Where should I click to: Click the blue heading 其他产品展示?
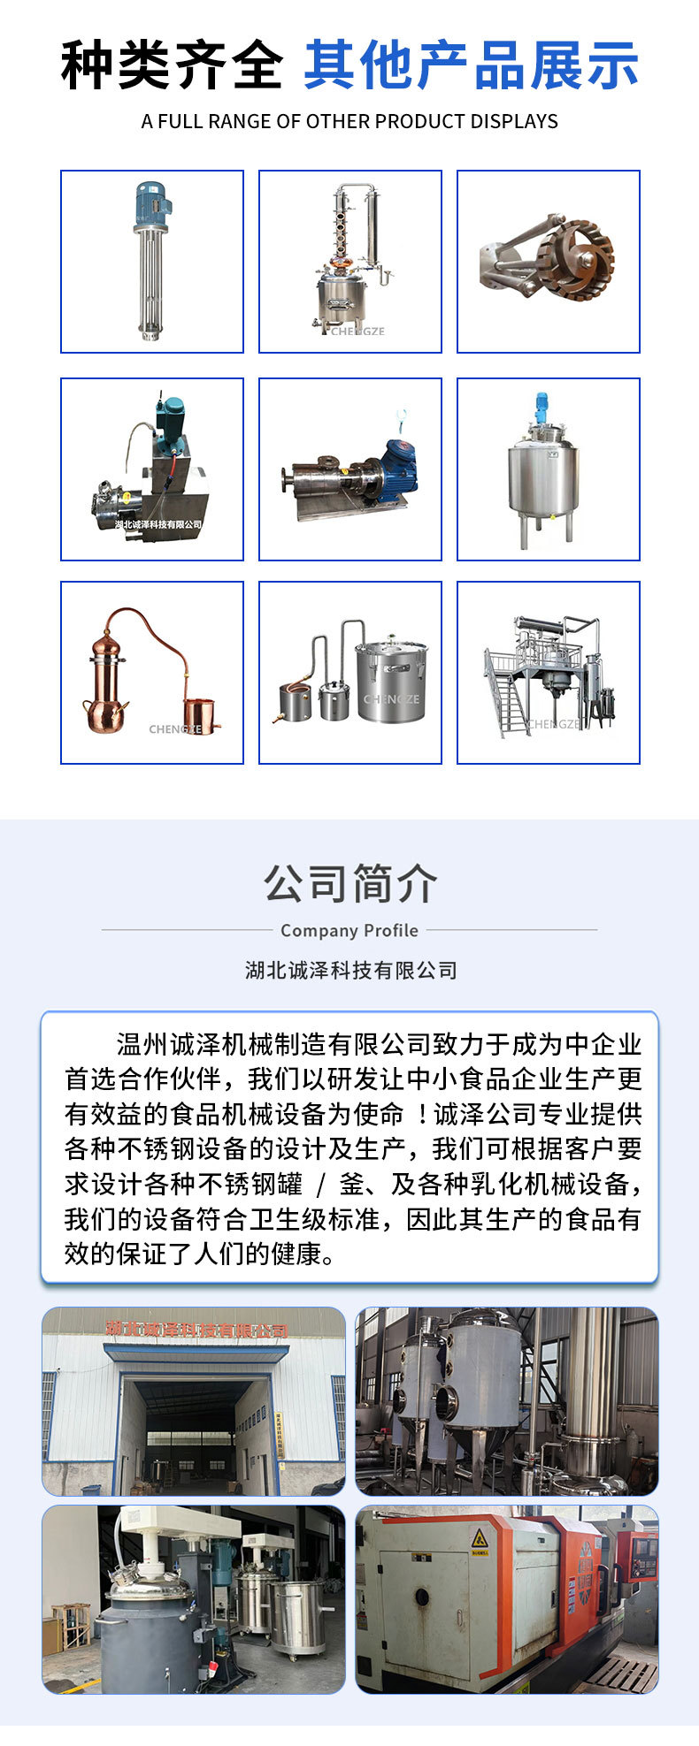(471, 66)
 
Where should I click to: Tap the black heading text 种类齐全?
(172, 66)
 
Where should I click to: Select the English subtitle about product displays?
(349, 121)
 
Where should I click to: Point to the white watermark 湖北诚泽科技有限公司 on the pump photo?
(158, 524)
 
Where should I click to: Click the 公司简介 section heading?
(349, 883)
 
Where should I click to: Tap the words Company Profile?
(349, 930)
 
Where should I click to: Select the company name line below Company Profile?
(350, 970)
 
